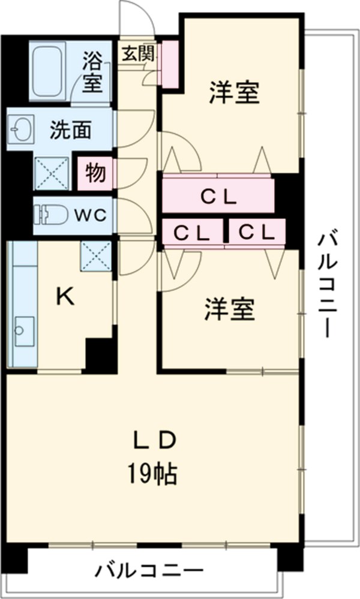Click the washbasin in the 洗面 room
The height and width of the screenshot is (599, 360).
pos(19,128)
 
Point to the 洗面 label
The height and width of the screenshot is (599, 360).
pos(70,130)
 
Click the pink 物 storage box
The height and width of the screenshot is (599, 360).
pos(94,172)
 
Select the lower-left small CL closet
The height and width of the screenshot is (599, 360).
pos(192,232)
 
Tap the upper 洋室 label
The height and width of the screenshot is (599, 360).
pos(234,94)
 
